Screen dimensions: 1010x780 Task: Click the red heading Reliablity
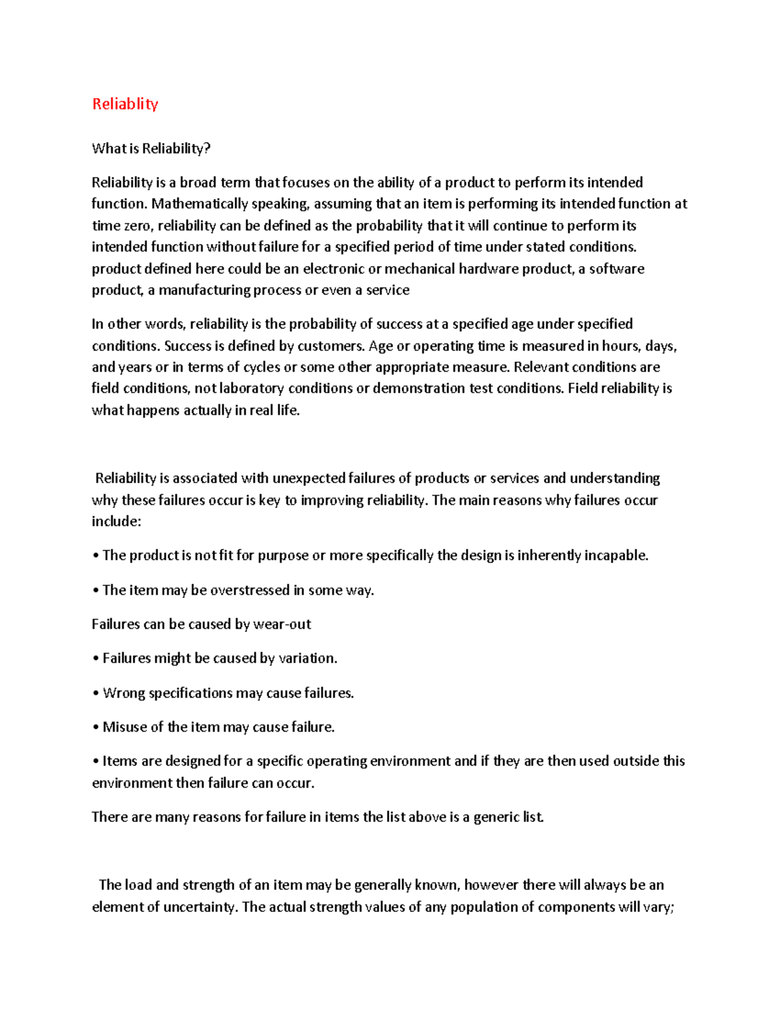125,104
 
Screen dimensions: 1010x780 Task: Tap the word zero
136,226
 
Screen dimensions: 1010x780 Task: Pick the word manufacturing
204,291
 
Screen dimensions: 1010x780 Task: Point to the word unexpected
309,479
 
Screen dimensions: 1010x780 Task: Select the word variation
307,659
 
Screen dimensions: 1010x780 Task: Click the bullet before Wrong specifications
96,694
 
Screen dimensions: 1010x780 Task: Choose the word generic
497,817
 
